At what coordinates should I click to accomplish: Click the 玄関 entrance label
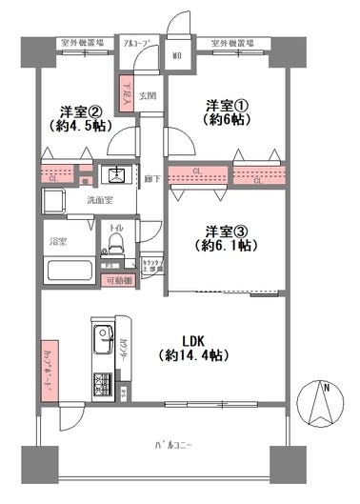pyautogui.click(x=149, y=95)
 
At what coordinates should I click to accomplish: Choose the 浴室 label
pyautogui.click(x=58, y=242)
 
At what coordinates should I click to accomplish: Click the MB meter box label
pyautogui.click(x=176, y=55)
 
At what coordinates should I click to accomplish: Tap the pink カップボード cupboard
pyautogui.click(x=48, y=365)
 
